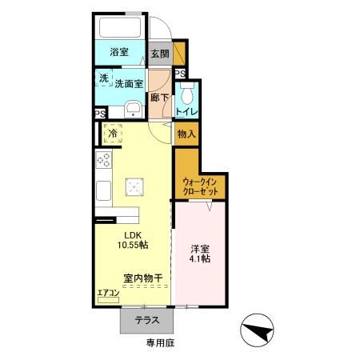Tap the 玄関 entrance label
159,55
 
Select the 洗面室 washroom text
129,82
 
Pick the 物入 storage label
186,135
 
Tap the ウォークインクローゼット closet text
200,186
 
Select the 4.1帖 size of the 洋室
200,258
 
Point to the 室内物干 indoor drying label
143,278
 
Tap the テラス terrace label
146,320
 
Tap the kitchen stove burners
104,160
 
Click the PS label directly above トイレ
180,74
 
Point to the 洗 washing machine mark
103,78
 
